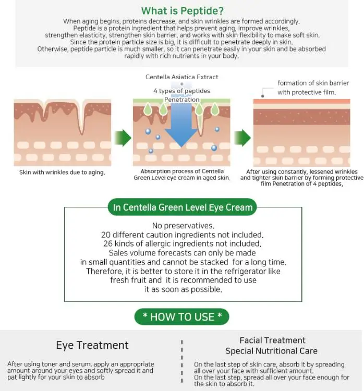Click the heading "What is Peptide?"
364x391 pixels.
click(182, 11)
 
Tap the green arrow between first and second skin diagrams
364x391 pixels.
click(123, 138)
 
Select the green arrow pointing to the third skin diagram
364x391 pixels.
click(242, 138)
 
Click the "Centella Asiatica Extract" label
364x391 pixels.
click(181, 77)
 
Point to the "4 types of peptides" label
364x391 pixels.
click(181, 91)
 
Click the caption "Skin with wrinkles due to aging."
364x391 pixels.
click(62, 173)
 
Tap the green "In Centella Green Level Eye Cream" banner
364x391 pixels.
click(183, 207)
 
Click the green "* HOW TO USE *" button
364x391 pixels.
click(182, 316)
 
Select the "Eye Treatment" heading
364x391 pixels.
click(92, 345)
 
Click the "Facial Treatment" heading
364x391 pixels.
click(272, 340)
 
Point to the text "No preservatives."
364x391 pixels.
click(182, 226)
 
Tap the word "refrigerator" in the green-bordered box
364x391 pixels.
click(250, 271)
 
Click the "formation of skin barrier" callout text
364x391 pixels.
click(313, 83)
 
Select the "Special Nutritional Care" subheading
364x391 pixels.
click(271, 351)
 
